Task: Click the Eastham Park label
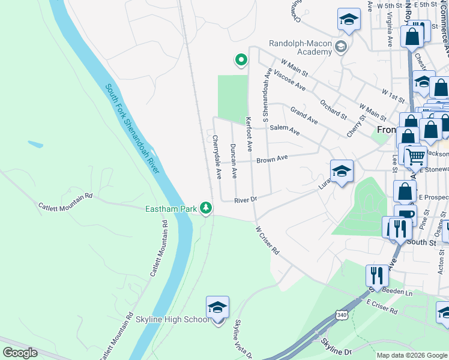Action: point(172,209)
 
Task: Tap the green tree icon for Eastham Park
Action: point(206,208)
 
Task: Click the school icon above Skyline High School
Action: point(217,308)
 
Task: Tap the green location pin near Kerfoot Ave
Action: point(241,59)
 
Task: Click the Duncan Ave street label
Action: point(234,161)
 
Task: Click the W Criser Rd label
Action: point(268,239)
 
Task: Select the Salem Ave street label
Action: point(285,129)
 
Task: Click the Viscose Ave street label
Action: point(289,82)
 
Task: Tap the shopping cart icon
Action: point(415,157)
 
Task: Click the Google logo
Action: point(20,353)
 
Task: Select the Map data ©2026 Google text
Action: point(412,355)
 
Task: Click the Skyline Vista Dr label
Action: point(243,338)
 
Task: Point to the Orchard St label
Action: point(333,109)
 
